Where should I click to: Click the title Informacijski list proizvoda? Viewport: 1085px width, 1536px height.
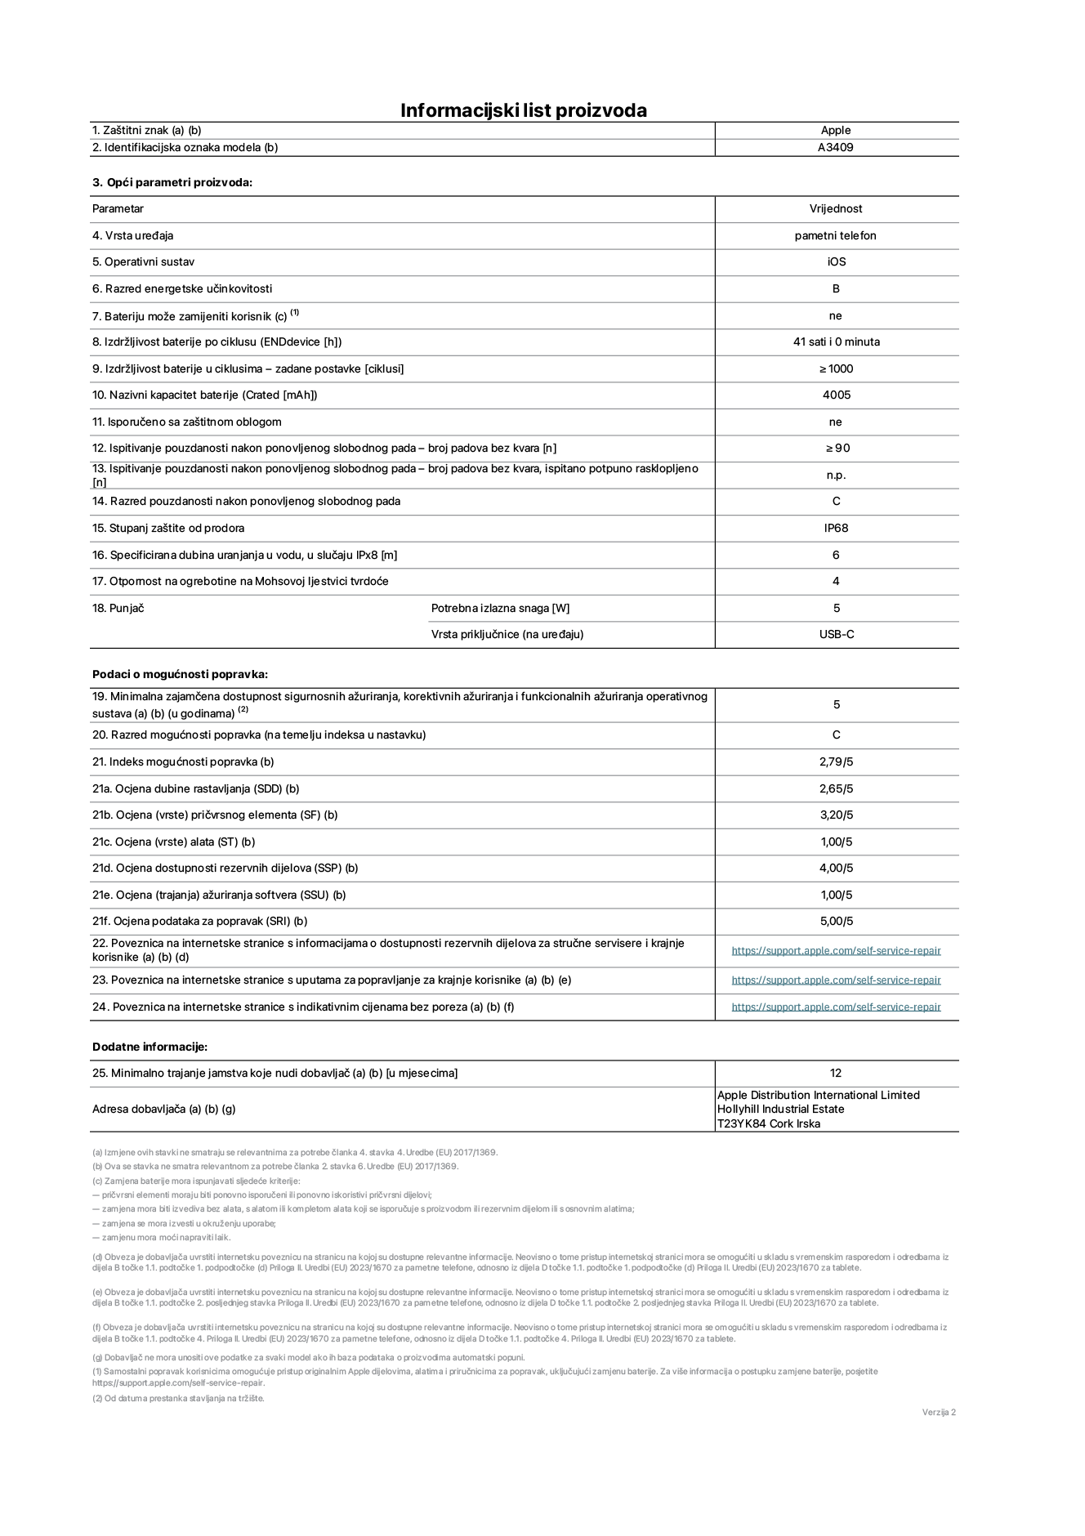[523, 110]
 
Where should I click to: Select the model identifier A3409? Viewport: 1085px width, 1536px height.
[835, 148]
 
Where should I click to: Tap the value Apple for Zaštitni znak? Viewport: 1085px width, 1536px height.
[835, 130]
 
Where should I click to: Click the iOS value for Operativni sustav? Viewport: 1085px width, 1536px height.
[836, 262]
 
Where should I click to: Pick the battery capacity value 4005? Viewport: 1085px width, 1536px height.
[836, 395]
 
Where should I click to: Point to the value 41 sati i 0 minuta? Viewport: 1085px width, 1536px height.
[836, 342]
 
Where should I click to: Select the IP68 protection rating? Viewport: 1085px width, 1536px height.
[836, 529]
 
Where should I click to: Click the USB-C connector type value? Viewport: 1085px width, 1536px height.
[836, 635]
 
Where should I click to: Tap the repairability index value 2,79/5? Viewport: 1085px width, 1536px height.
[836, 762]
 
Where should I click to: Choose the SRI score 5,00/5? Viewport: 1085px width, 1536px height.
[836, 922]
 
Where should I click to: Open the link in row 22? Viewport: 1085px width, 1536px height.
[836, 951]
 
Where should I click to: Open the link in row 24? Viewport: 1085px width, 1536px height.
[836, 1007]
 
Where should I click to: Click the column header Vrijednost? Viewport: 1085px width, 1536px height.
[836, 209]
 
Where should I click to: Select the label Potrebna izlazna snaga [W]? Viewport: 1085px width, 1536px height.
[500, 609]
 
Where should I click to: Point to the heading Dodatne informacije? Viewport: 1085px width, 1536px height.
[150, 1047]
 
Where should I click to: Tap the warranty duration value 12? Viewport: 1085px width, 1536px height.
[835, 1074]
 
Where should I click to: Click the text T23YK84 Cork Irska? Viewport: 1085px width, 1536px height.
[768, 1124]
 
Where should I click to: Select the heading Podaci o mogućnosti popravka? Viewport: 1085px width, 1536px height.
[180, 675]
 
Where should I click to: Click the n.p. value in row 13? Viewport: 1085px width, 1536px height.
[836, 476]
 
